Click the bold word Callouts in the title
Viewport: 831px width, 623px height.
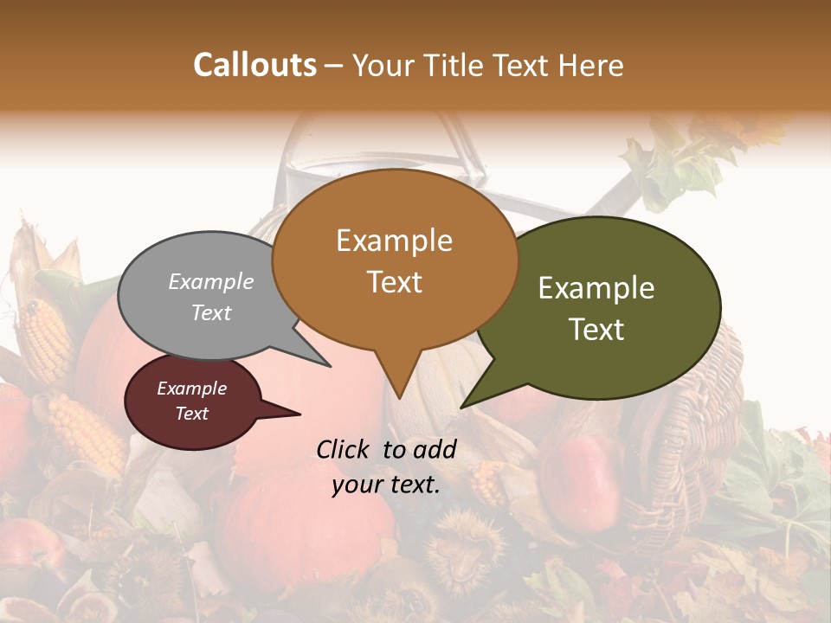[x=254, y=65]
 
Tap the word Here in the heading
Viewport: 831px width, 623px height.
[x=591, y=66]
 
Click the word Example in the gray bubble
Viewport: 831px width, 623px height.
[x=210, y=282]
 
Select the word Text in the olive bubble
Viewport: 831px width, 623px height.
[x=597, y=330]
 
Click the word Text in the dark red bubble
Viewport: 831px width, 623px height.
[x=192, y=414]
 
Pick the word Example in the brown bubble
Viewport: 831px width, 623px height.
[x=395, y=241]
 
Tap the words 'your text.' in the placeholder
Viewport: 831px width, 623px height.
[x=386, y=485]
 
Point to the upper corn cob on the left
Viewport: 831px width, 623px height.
[x=43, y=337]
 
